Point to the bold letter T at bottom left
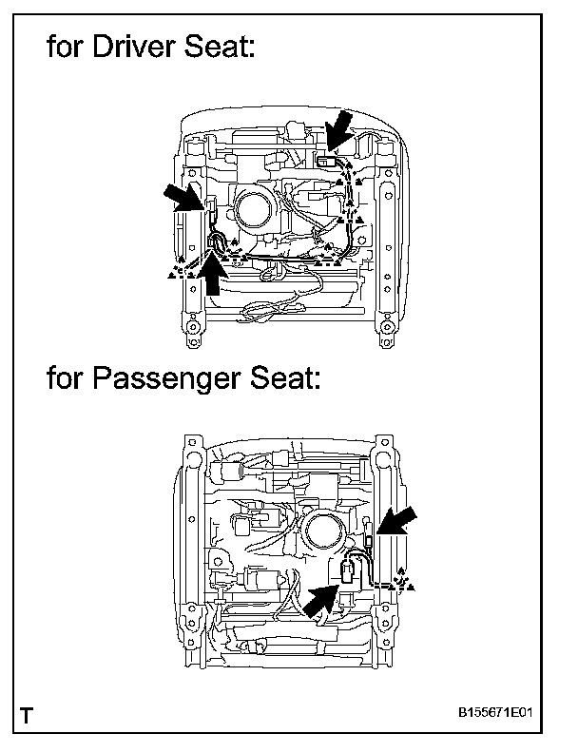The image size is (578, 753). pos(28,716)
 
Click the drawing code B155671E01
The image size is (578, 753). pos(495,712)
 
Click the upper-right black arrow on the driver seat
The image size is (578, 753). pos(338,128)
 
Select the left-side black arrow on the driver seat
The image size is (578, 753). pos(184,198)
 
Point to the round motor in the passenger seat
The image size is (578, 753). pos(324,531)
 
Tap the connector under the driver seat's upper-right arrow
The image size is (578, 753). pos(327,160)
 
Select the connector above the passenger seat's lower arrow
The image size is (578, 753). pos(346,571)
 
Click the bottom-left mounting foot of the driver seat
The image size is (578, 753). pos(193,331)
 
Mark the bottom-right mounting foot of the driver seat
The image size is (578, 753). pos(387,331)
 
